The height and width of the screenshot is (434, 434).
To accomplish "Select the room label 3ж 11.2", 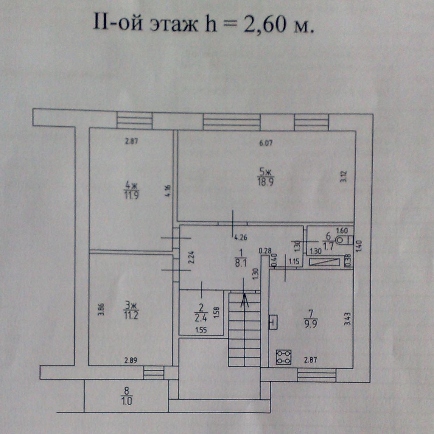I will point(131,310).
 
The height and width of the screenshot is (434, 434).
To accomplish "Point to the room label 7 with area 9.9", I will point(310,318).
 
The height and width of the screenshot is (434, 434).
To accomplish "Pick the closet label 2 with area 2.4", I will point(201,313).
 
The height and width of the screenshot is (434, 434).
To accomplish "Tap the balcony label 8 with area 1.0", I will point(127,396).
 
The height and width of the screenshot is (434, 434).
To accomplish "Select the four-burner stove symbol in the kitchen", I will point(283,357).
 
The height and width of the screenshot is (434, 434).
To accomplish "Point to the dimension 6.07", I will point(266,143).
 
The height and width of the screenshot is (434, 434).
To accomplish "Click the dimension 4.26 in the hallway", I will point(241,237).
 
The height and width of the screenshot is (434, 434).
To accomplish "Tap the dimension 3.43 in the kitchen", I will point(347,319).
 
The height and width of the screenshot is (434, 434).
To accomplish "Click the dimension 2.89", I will point(131,360).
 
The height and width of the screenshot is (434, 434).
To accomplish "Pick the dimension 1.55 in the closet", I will point(201,330).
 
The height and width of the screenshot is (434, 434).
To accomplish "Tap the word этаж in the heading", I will point(174,24).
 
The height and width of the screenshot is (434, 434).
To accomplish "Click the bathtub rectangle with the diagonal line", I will point(325,262).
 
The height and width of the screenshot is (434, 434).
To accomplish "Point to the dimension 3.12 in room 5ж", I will point(343,176).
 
